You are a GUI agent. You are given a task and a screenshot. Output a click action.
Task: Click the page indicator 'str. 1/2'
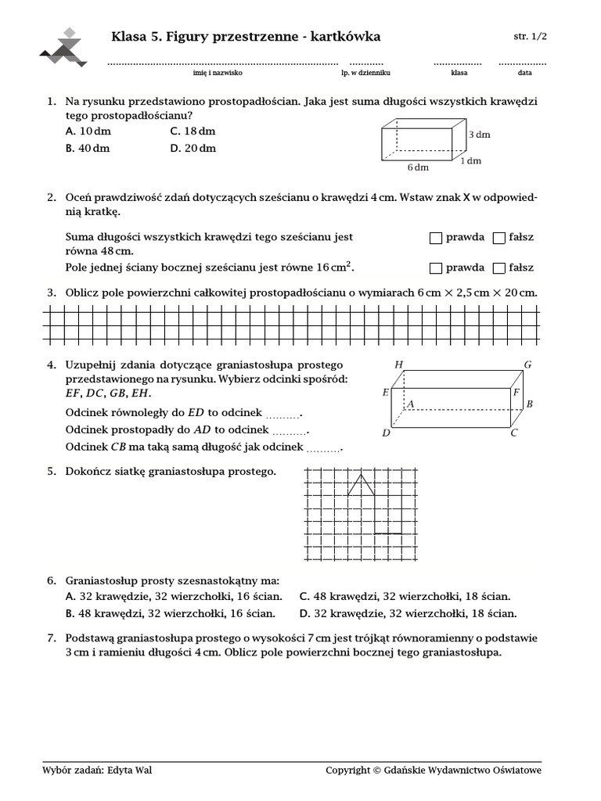(x=530, y=37)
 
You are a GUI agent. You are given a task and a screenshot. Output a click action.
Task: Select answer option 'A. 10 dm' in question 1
(x=88, y=131)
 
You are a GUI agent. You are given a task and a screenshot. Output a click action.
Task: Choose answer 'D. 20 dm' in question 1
(x=193, y=148)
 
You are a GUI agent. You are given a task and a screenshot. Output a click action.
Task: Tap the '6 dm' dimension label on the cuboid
(x=418, y=167)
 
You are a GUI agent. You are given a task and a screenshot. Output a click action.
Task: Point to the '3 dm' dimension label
(x=479, y=135)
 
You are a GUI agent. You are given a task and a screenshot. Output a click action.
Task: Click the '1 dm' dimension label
(x=470, y=160)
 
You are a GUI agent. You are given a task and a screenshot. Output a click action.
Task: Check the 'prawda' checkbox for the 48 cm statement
(x=436, y=237)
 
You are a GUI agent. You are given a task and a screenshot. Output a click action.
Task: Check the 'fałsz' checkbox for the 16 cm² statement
(x=499, y=268)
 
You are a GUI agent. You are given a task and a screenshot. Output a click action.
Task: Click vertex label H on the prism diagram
(x=399, y=365)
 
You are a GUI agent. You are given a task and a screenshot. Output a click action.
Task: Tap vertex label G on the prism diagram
(x=527, y=365)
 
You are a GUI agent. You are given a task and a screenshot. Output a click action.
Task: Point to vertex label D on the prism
(x=386, y=433)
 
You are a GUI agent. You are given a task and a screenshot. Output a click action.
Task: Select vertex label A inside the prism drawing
(x=408, y=404)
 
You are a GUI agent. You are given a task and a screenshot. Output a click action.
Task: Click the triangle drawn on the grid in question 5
(x=360, y=484)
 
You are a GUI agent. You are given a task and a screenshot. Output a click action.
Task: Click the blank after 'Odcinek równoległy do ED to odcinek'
(x=283, y=415)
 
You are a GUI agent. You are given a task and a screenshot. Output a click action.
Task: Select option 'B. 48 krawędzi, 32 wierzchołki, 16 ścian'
(x=171, y=614)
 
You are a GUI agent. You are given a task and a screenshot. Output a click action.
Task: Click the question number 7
(x=51, y=638)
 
